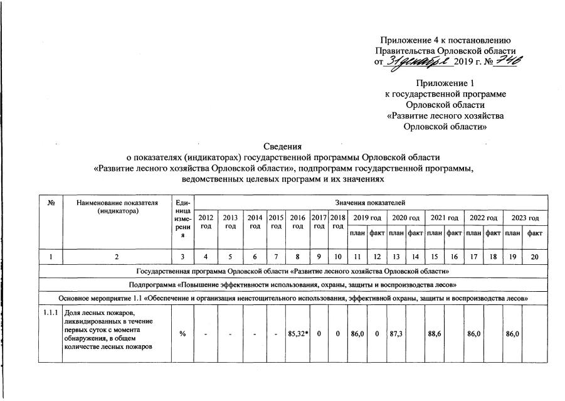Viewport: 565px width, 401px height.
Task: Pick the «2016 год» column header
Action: [297, 222]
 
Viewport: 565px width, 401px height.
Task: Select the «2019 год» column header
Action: [367, 218]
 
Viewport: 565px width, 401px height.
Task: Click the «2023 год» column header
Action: [525, 218]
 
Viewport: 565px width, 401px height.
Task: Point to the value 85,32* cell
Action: [297, 333]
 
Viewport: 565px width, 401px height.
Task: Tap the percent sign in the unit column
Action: [182, 333]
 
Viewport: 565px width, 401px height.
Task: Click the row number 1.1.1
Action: [51, 313]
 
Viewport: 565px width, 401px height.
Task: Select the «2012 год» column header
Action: [206, 222]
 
